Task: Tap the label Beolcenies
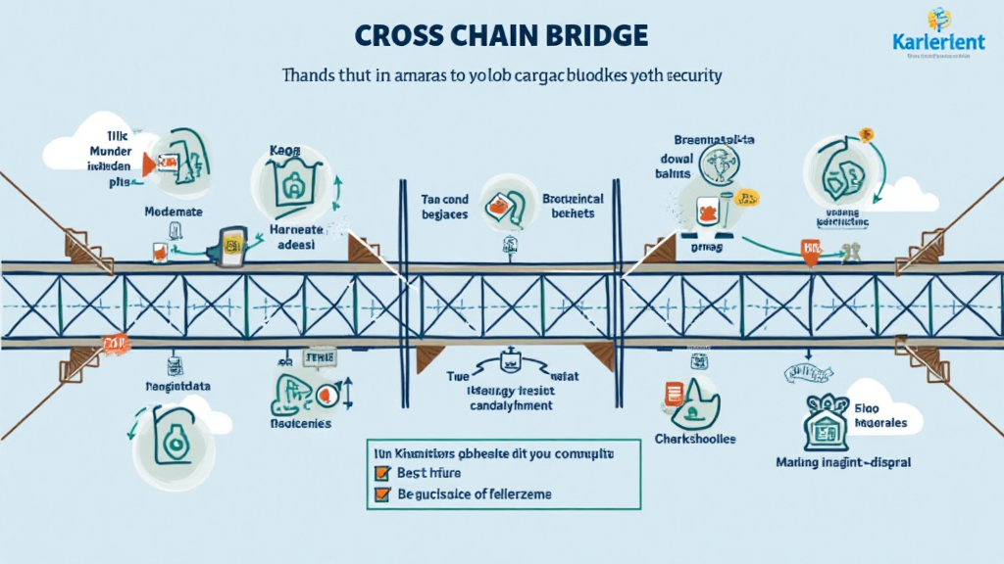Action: pyautogui.click(x=300, y=424)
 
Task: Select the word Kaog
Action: pyautogui.click(x=283, y=152)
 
